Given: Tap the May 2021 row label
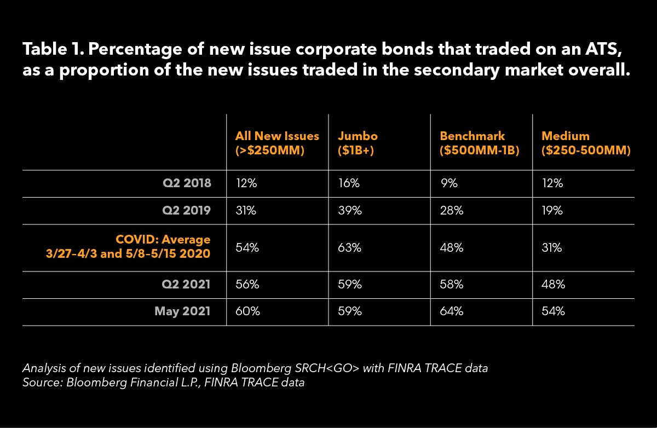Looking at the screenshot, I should pos(182,311).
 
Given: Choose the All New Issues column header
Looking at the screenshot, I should pos(277,142).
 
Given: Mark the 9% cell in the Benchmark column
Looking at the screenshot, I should pos(447,184).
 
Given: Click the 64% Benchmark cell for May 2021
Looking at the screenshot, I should pos(452,311).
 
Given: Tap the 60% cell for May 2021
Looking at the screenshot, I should pos(247,311).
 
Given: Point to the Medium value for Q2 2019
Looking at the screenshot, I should pos(553,211).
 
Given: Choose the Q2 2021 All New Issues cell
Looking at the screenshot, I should pos(247,285).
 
